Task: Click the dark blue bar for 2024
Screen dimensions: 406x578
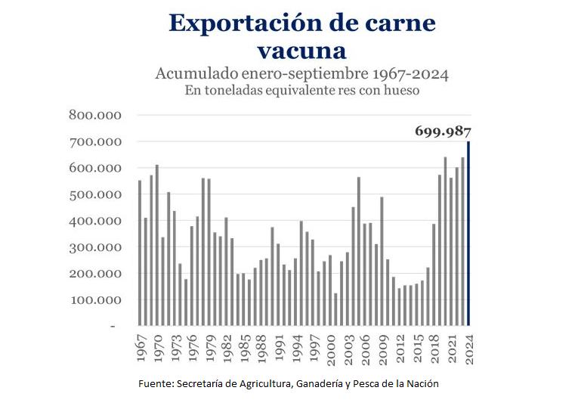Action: [468, 234]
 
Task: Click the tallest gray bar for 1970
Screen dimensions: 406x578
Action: [157, 245]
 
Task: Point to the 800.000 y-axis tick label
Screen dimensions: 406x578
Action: [94, 116]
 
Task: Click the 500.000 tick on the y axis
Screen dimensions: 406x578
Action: [94, 194]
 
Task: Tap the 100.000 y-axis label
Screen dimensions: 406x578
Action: [94, 299]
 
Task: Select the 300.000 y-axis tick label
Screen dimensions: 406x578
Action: [94, 247]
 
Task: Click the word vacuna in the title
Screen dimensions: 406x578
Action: [301, 51]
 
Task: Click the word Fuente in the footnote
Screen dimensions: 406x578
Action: [155, 384]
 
